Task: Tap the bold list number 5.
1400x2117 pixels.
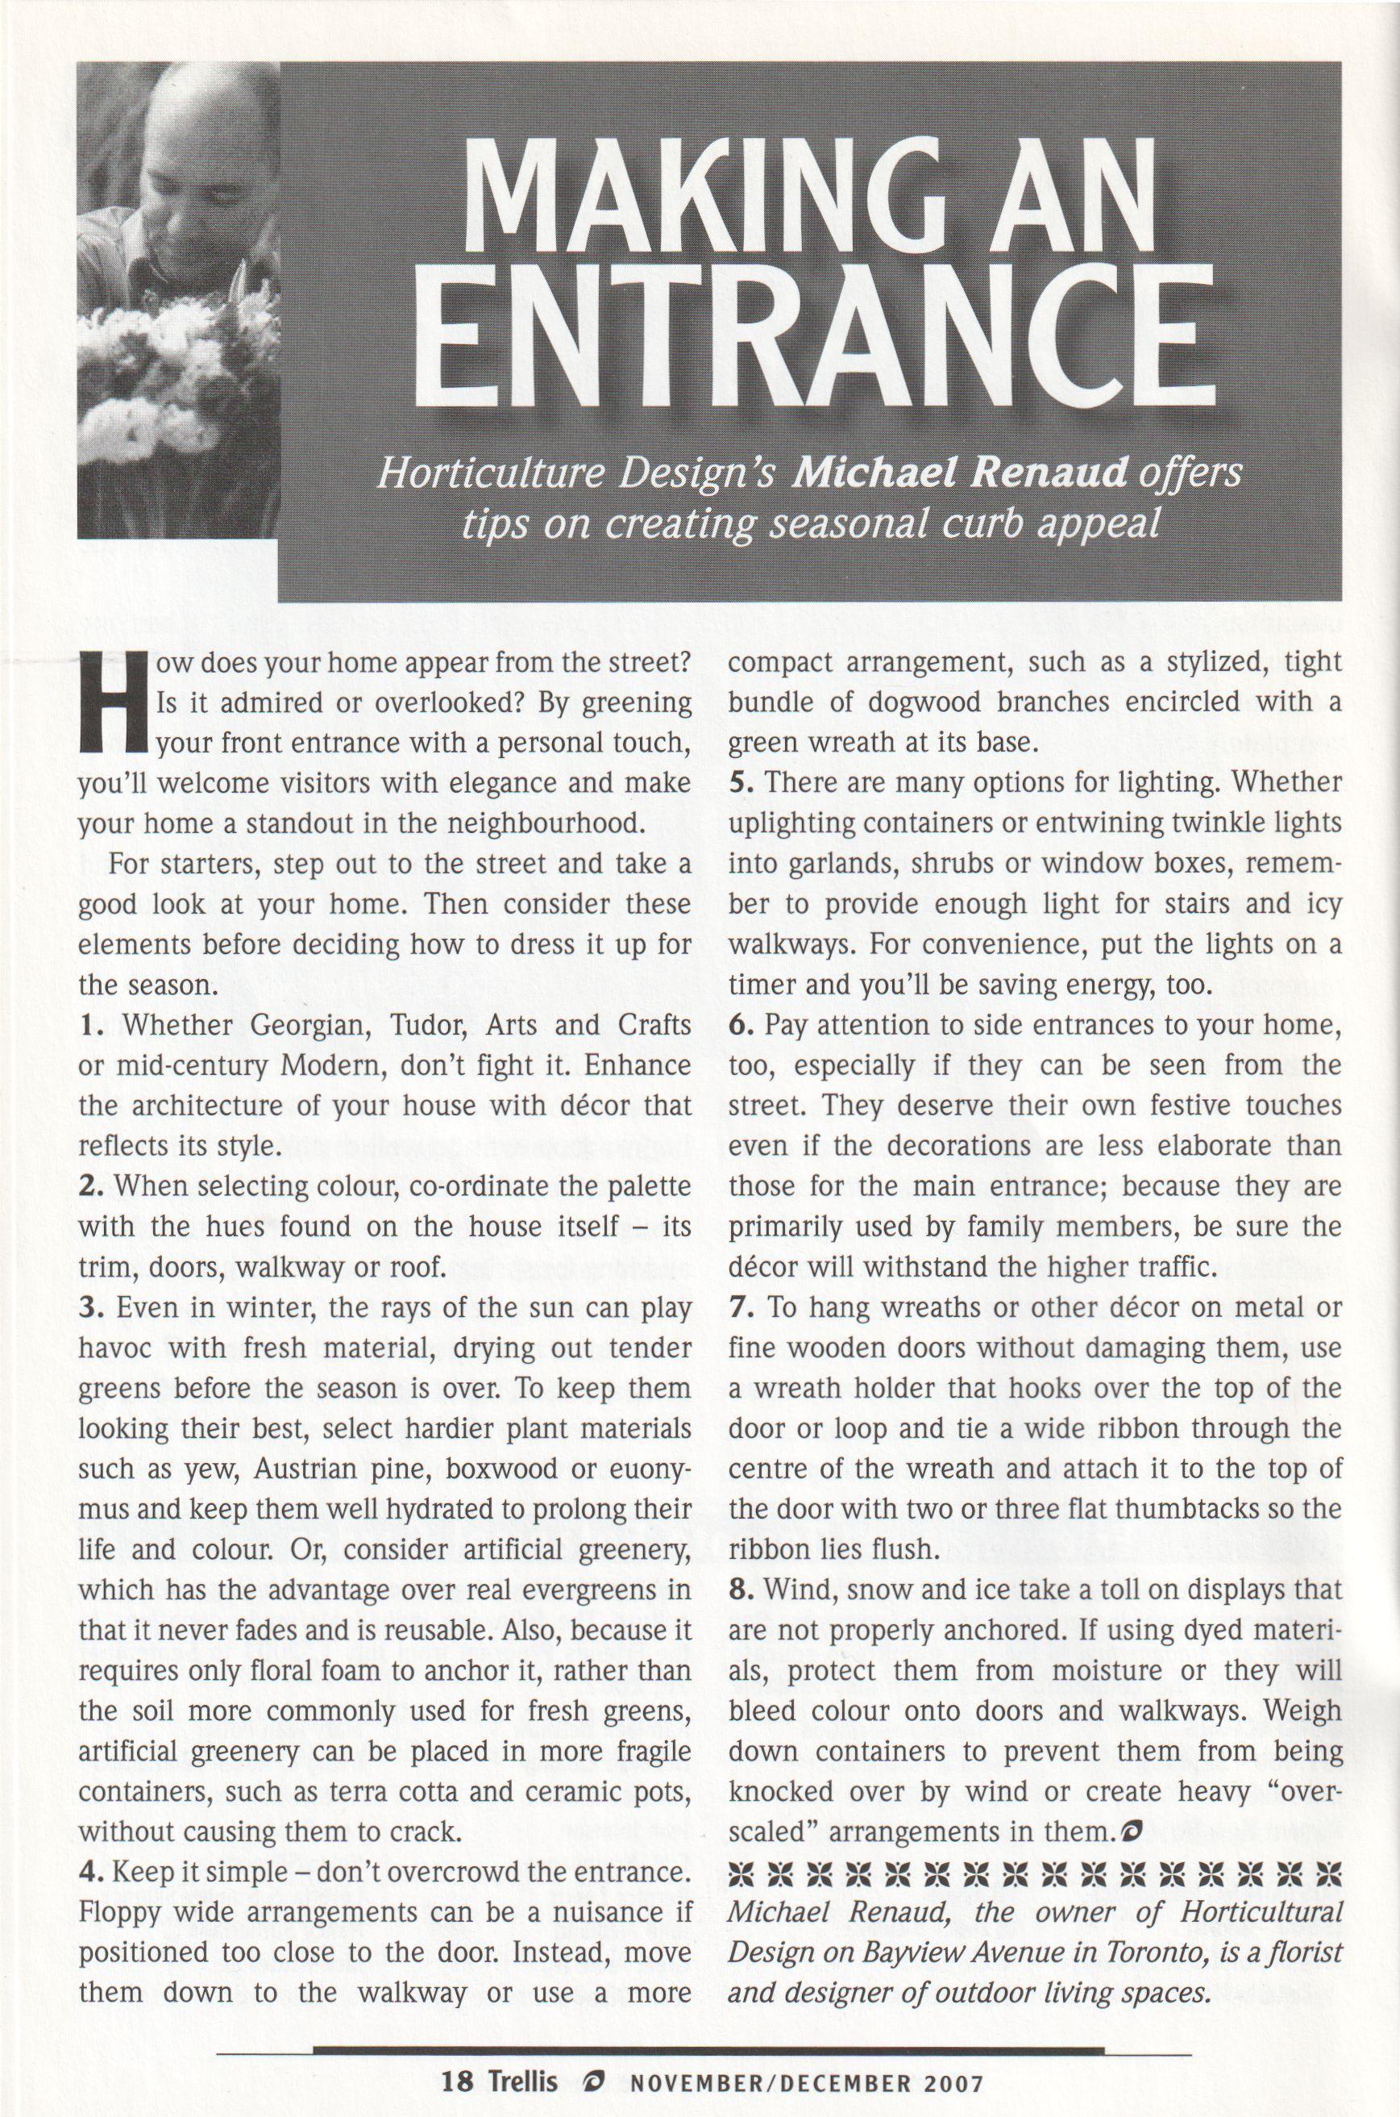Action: click(739, 782)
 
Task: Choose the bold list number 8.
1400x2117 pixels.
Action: click(739, 1590)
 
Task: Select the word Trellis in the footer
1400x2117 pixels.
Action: click(522, 2082)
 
